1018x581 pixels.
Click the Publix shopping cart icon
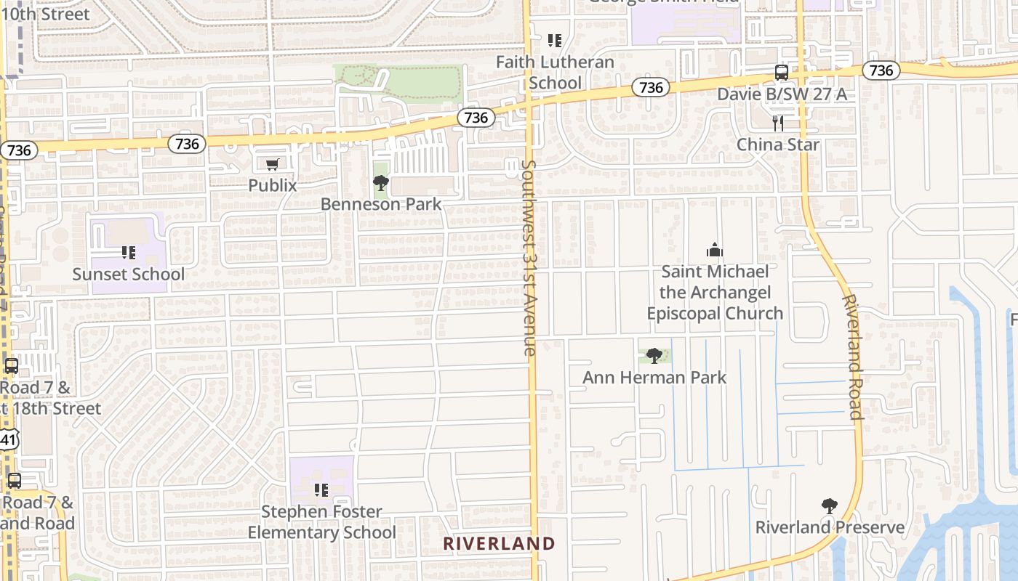(x=272, y=165)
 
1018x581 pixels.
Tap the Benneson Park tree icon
(x=380, y=183)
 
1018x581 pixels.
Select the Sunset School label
(x=129, y=275)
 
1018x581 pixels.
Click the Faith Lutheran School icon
(x=555, y=41)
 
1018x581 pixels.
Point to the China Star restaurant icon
(x=778, y=123)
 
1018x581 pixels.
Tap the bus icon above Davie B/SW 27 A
(x=782, y=73)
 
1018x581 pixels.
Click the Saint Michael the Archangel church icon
(x=715, y=251)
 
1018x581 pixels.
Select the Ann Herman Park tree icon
(x=654, y=356)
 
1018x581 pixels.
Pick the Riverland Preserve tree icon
(x=829, y=506)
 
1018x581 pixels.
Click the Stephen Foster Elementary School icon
(x=321, y=490)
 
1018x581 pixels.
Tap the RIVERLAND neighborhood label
(x=499, y=543)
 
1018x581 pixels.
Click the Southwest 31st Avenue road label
(x=529, y=258)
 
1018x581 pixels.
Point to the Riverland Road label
(x=852, y=357)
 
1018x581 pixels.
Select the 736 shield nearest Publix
(x=187, y=144)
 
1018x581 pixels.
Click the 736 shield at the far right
(x=881, y=70)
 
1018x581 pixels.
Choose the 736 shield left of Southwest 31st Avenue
(x=476, y=118)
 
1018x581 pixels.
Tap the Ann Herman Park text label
(x=654, y=378)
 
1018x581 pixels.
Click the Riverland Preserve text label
(x=830, y=527)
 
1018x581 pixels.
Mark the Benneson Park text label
(x=381, y=204)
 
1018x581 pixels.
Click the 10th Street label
(x=45, y=14)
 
